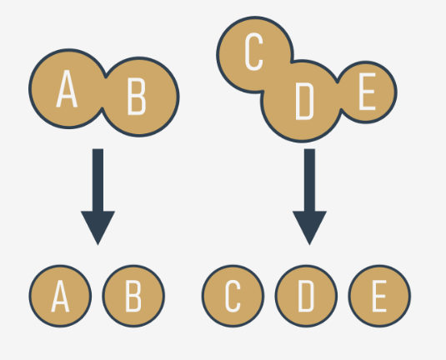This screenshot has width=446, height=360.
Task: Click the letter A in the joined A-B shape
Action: coord(67,88)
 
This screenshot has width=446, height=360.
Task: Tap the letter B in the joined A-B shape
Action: coord(137,97)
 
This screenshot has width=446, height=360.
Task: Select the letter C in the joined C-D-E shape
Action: coord(253,52)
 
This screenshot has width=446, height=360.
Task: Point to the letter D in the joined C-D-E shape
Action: coord(304,101)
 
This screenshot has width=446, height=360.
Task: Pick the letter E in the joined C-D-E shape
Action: coord(367,92)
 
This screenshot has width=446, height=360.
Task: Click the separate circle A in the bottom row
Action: coord(60,296)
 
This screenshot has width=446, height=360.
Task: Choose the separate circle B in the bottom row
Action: coord(133,296)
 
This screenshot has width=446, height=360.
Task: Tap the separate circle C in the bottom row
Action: coord(233,296)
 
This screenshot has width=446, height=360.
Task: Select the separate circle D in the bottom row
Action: coord(306,296)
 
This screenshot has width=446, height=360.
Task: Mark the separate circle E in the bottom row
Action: coord(379,296)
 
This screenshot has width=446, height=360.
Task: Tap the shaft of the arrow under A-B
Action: coord(98,180)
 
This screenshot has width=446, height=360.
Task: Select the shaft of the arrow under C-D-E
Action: coord(309,180)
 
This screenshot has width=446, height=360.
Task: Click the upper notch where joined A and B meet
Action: coord(106,77)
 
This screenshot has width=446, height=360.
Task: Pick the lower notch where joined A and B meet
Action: coord(102,108)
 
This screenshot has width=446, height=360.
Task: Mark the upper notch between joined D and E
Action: coord(338,82)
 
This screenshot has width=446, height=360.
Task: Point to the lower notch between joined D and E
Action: coord(341,109)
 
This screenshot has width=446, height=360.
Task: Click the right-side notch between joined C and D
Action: coord(292,62)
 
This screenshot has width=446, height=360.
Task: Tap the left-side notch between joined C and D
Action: coord(263,92)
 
